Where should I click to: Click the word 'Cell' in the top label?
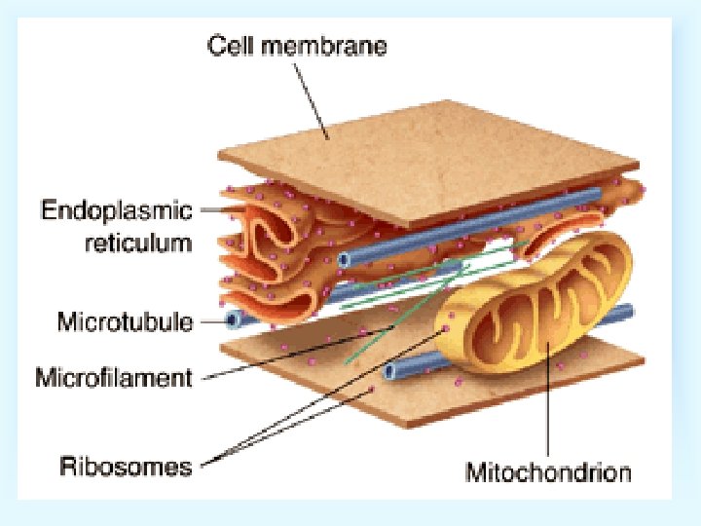coord(231,46)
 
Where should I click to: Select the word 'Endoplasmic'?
coord(116,208)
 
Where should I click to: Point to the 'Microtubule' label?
coord(126,320)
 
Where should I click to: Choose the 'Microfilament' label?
coord(114,377)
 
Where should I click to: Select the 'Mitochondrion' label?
coord(548,473)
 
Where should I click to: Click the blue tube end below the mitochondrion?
coord(390,371)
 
